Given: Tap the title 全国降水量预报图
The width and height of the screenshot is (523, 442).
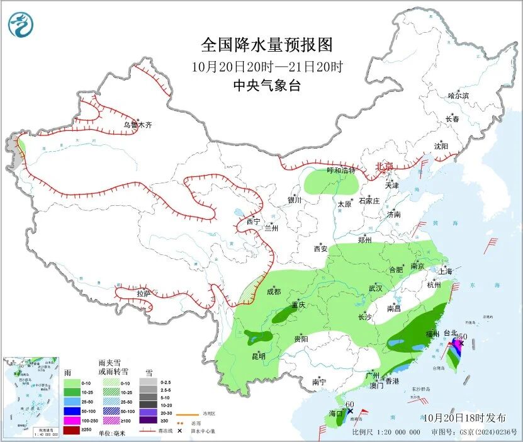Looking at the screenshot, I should pyautogui.click(x=266, y=45).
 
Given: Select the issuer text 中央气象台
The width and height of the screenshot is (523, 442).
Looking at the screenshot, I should pyautogui.click(x=266, y=86).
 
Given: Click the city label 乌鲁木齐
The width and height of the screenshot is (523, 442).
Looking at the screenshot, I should pyautogui.click(x=137, y=125).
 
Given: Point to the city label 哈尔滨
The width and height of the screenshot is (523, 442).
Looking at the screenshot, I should pyautogui.click(x=458, y=96).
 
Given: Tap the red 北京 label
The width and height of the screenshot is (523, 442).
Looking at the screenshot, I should pyautogui.click(x=384, y=166).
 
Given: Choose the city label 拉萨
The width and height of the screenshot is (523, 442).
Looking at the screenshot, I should pyautogui.click(x=143, y=293).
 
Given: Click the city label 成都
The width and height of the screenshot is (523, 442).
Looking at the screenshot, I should pyautogui.click(x=273, y=292).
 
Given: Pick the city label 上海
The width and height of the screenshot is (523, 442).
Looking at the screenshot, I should pyautogui.click(x=446, y=271).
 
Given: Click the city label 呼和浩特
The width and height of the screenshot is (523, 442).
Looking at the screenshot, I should pyautogui.click(x=340, y=171).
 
